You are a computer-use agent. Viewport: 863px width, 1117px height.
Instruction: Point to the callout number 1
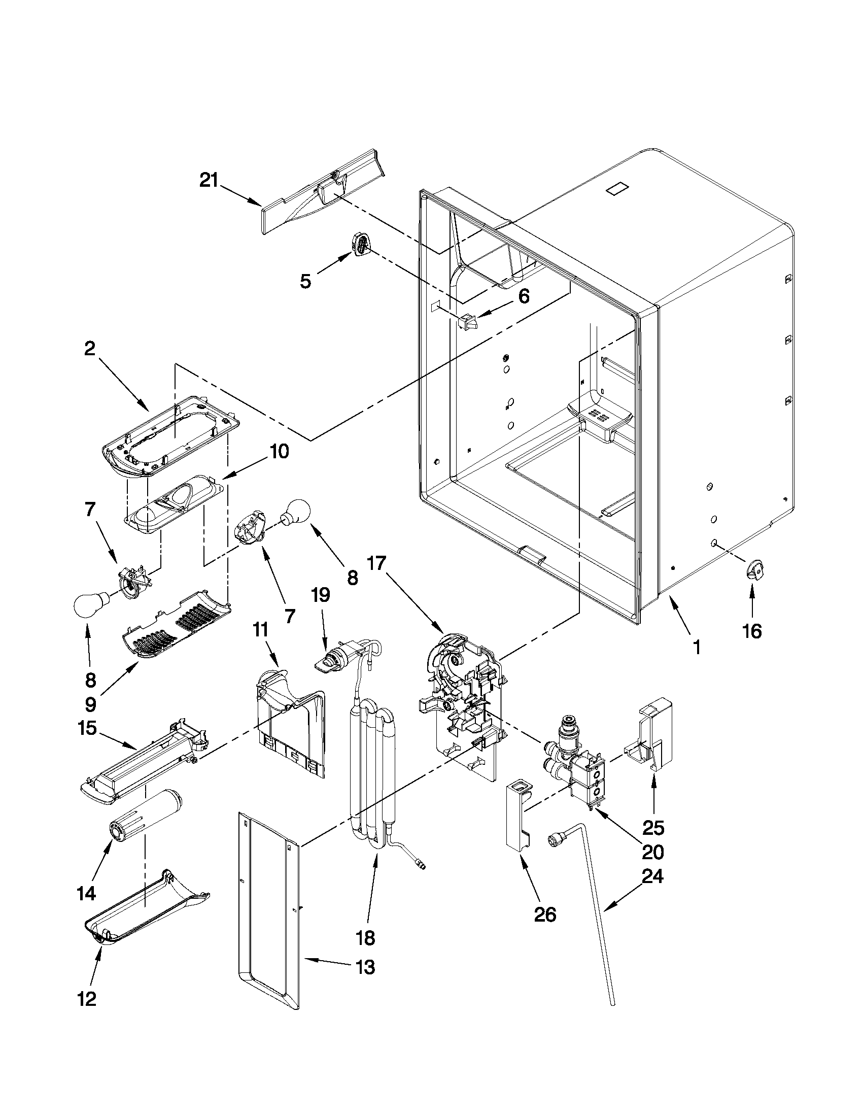click(696, 648)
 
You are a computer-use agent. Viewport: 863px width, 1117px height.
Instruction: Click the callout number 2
click(89, 349)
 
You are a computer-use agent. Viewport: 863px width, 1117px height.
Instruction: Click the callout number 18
click(366, 937)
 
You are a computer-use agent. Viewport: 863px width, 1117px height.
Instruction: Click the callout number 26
click(544, 914)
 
